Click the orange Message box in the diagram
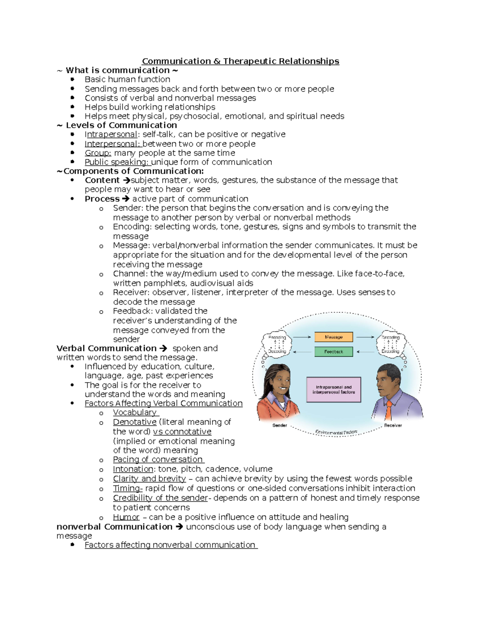click(333, 337)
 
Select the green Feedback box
click(333, 351)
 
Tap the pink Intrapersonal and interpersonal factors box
click(333, 390)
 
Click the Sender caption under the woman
click(279, 425)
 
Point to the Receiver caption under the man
click(393, 425)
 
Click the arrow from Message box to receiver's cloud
click(365, 337)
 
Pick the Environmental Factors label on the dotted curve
click(336, 432)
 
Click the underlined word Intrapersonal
click(111, 134)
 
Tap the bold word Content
click(102, 181)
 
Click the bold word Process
click(102, 199)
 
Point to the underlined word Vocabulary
click(135, 412)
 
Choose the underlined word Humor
click(126, 517)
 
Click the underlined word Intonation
click(133, 469)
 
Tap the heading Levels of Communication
click(121, 125)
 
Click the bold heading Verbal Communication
click(107, 348)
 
